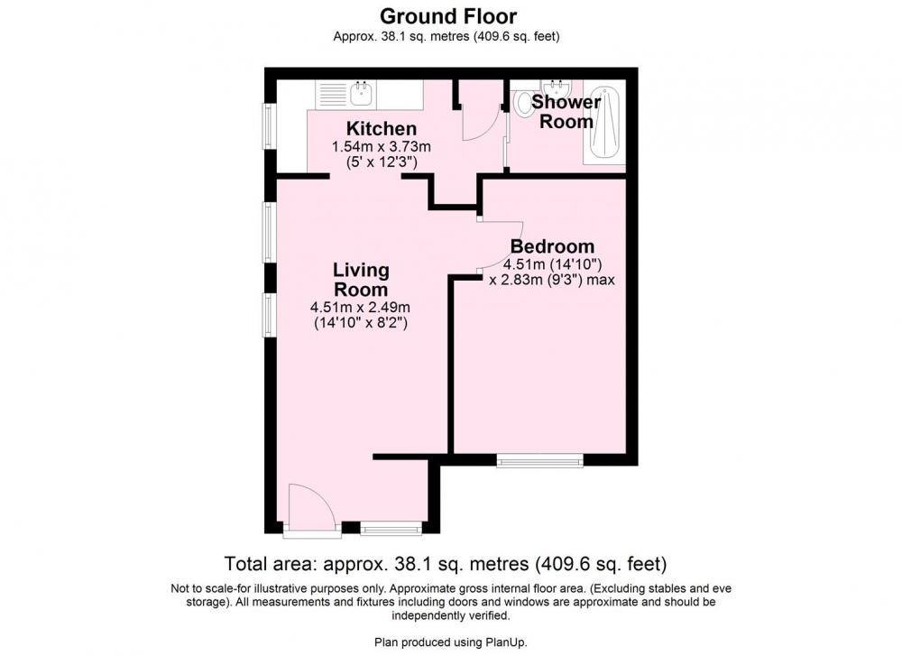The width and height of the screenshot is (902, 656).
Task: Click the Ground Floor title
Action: point(448,15)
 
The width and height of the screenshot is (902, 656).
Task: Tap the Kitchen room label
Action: point(382,128)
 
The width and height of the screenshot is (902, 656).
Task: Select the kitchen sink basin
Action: point(362,93)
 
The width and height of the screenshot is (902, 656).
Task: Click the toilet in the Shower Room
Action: point(523,103)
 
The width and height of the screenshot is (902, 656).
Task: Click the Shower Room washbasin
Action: point(557,88)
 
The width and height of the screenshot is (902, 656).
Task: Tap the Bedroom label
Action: point(552,246)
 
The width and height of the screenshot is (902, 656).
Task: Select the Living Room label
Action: point(362,279)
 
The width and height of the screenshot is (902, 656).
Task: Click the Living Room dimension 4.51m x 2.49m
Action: point(360,308)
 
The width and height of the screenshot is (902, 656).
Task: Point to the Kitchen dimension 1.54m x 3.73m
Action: point(382,147)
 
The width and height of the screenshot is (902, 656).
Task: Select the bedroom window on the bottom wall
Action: point(539,460)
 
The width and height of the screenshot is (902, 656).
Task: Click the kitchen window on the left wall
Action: point(268,125)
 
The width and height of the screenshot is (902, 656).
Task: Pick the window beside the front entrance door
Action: point(391,528)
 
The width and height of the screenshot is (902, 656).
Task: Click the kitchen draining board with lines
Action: point(332,93)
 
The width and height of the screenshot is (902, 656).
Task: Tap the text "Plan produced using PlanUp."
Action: point(451,642)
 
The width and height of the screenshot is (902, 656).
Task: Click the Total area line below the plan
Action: point(446,563)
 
